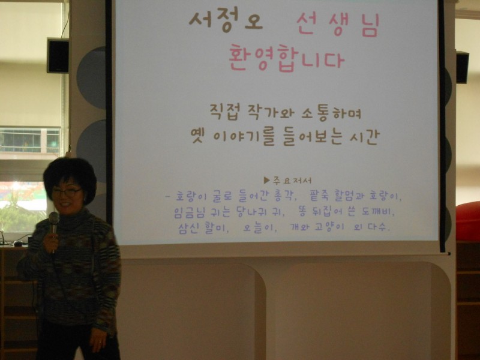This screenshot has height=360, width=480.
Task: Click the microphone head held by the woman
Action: pos(54,218)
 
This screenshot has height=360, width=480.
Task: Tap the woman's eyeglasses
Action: pos(67,192)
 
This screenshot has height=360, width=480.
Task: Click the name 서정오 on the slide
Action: pos(226,22)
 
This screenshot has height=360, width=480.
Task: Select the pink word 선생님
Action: pos(338,25)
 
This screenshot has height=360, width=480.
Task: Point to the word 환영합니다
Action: pos(287,58)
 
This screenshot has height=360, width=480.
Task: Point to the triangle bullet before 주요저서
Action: pos(266,180)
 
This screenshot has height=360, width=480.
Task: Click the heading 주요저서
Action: pos(292,181)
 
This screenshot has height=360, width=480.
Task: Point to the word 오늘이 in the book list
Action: pos(260,228)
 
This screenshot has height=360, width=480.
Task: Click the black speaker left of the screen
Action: pos(58,56)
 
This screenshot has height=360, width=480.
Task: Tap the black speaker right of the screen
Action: pos(462,67)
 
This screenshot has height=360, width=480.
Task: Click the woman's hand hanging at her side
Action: pos(98,340)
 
